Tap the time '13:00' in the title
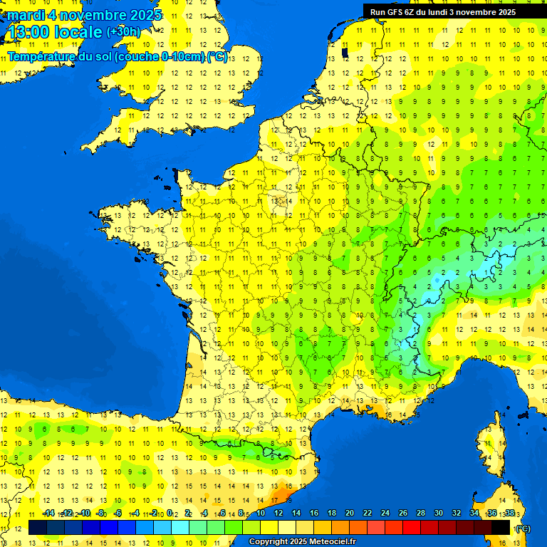30,33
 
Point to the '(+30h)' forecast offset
123,32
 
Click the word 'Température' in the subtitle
43,57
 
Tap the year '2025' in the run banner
502,12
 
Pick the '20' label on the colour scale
350,513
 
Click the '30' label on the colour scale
439,513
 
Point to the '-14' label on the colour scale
48,513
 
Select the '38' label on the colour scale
509,513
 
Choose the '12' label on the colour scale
278,513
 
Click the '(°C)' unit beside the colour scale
523,528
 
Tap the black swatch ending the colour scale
501,528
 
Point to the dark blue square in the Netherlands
345,52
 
